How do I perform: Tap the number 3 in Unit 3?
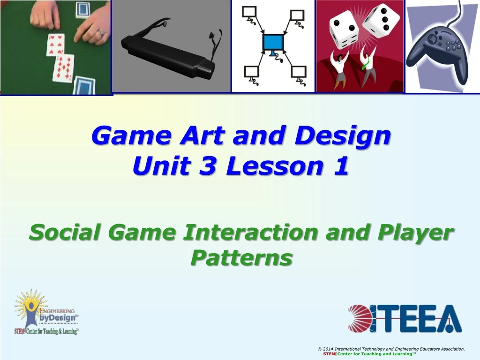(205, 166)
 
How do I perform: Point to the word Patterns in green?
(241, 257)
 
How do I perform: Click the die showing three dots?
(381, 21)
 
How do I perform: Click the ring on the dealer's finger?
(100, 33)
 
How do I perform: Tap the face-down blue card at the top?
(82, 9)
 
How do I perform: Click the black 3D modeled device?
(169, 52)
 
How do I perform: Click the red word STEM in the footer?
(329, 354)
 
